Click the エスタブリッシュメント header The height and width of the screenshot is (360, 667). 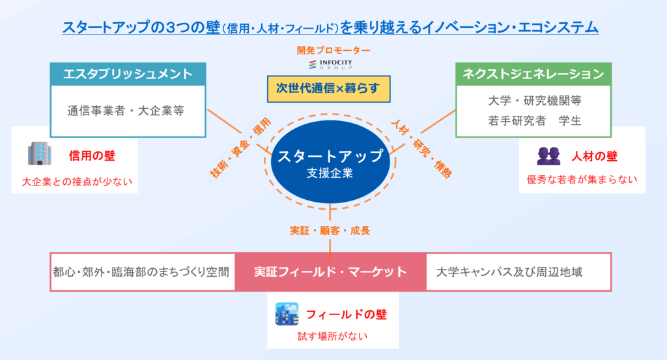pos(128,74)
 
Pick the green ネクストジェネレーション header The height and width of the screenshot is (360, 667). pos(533,74)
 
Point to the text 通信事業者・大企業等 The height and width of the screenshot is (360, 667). pos(126,111)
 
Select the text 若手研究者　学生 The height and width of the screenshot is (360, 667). pos(534,120)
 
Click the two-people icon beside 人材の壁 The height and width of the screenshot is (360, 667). pos(548,156)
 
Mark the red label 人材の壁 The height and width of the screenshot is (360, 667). pos(594,156)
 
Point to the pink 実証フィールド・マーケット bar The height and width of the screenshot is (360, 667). pos(330,271)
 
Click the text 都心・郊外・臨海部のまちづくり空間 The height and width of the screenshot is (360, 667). pos(141,271)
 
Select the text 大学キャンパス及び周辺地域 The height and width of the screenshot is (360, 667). pos(509,271)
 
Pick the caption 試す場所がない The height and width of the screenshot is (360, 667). pos(333,336)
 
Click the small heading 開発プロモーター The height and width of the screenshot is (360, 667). pos(333,50)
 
